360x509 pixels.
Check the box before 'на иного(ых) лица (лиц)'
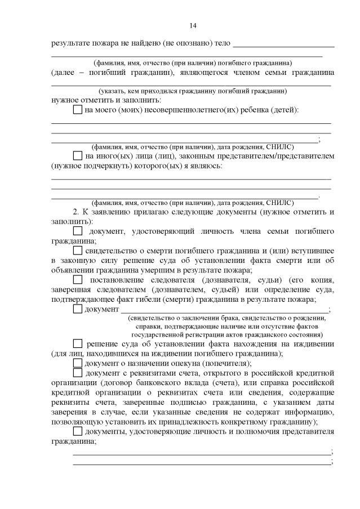point(78,155)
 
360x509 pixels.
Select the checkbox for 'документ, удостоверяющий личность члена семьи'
point(78,231)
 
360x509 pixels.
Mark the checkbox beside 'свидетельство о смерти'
point(78,249)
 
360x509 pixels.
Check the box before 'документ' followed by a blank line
point(78,309)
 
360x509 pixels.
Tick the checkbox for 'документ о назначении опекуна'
point(78,363)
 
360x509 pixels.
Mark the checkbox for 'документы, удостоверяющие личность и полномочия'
point(78,432)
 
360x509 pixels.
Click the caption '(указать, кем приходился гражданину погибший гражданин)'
point(192,91)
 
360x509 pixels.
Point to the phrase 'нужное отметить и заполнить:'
point(95,100)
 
